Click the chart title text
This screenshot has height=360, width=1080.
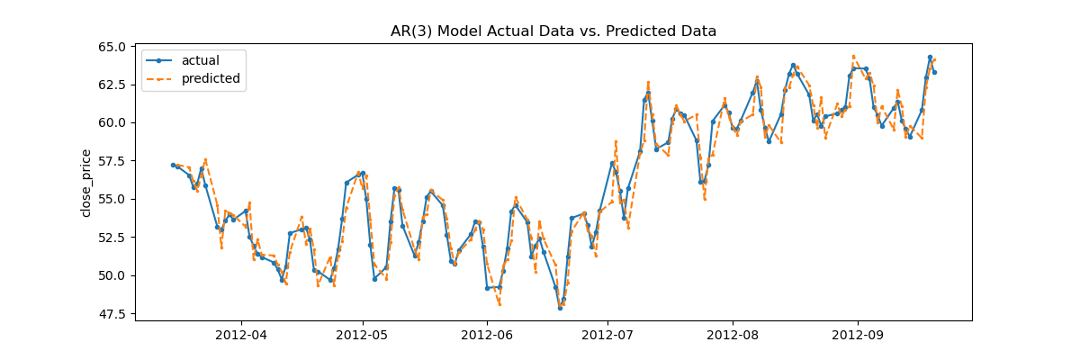coord(553,31)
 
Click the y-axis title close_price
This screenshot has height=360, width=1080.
coord(86,184)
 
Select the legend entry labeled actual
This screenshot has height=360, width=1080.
coord(200,61)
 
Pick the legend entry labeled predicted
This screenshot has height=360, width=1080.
coord(211,79)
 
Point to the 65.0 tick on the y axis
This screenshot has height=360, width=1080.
coord(113,47)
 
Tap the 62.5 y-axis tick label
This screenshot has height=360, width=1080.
coord(113,85)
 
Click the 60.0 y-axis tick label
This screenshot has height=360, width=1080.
coord(113,123)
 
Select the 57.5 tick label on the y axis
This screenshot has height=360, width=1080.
coord(113,161)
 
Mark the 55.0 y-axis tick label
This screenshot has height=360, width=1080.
coord(113,200)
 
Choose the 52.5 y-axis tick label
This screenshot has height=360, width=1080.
coord(113,238)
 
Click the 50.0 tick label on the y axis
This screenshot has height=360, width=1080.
coord(113,276)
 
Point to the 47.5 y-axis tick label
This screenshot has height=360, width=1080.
coord(113,314)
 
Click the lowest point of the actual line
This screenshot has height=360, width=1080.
coord(560,308)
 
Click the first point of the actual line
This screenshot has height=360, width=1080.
coord(173,165)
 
